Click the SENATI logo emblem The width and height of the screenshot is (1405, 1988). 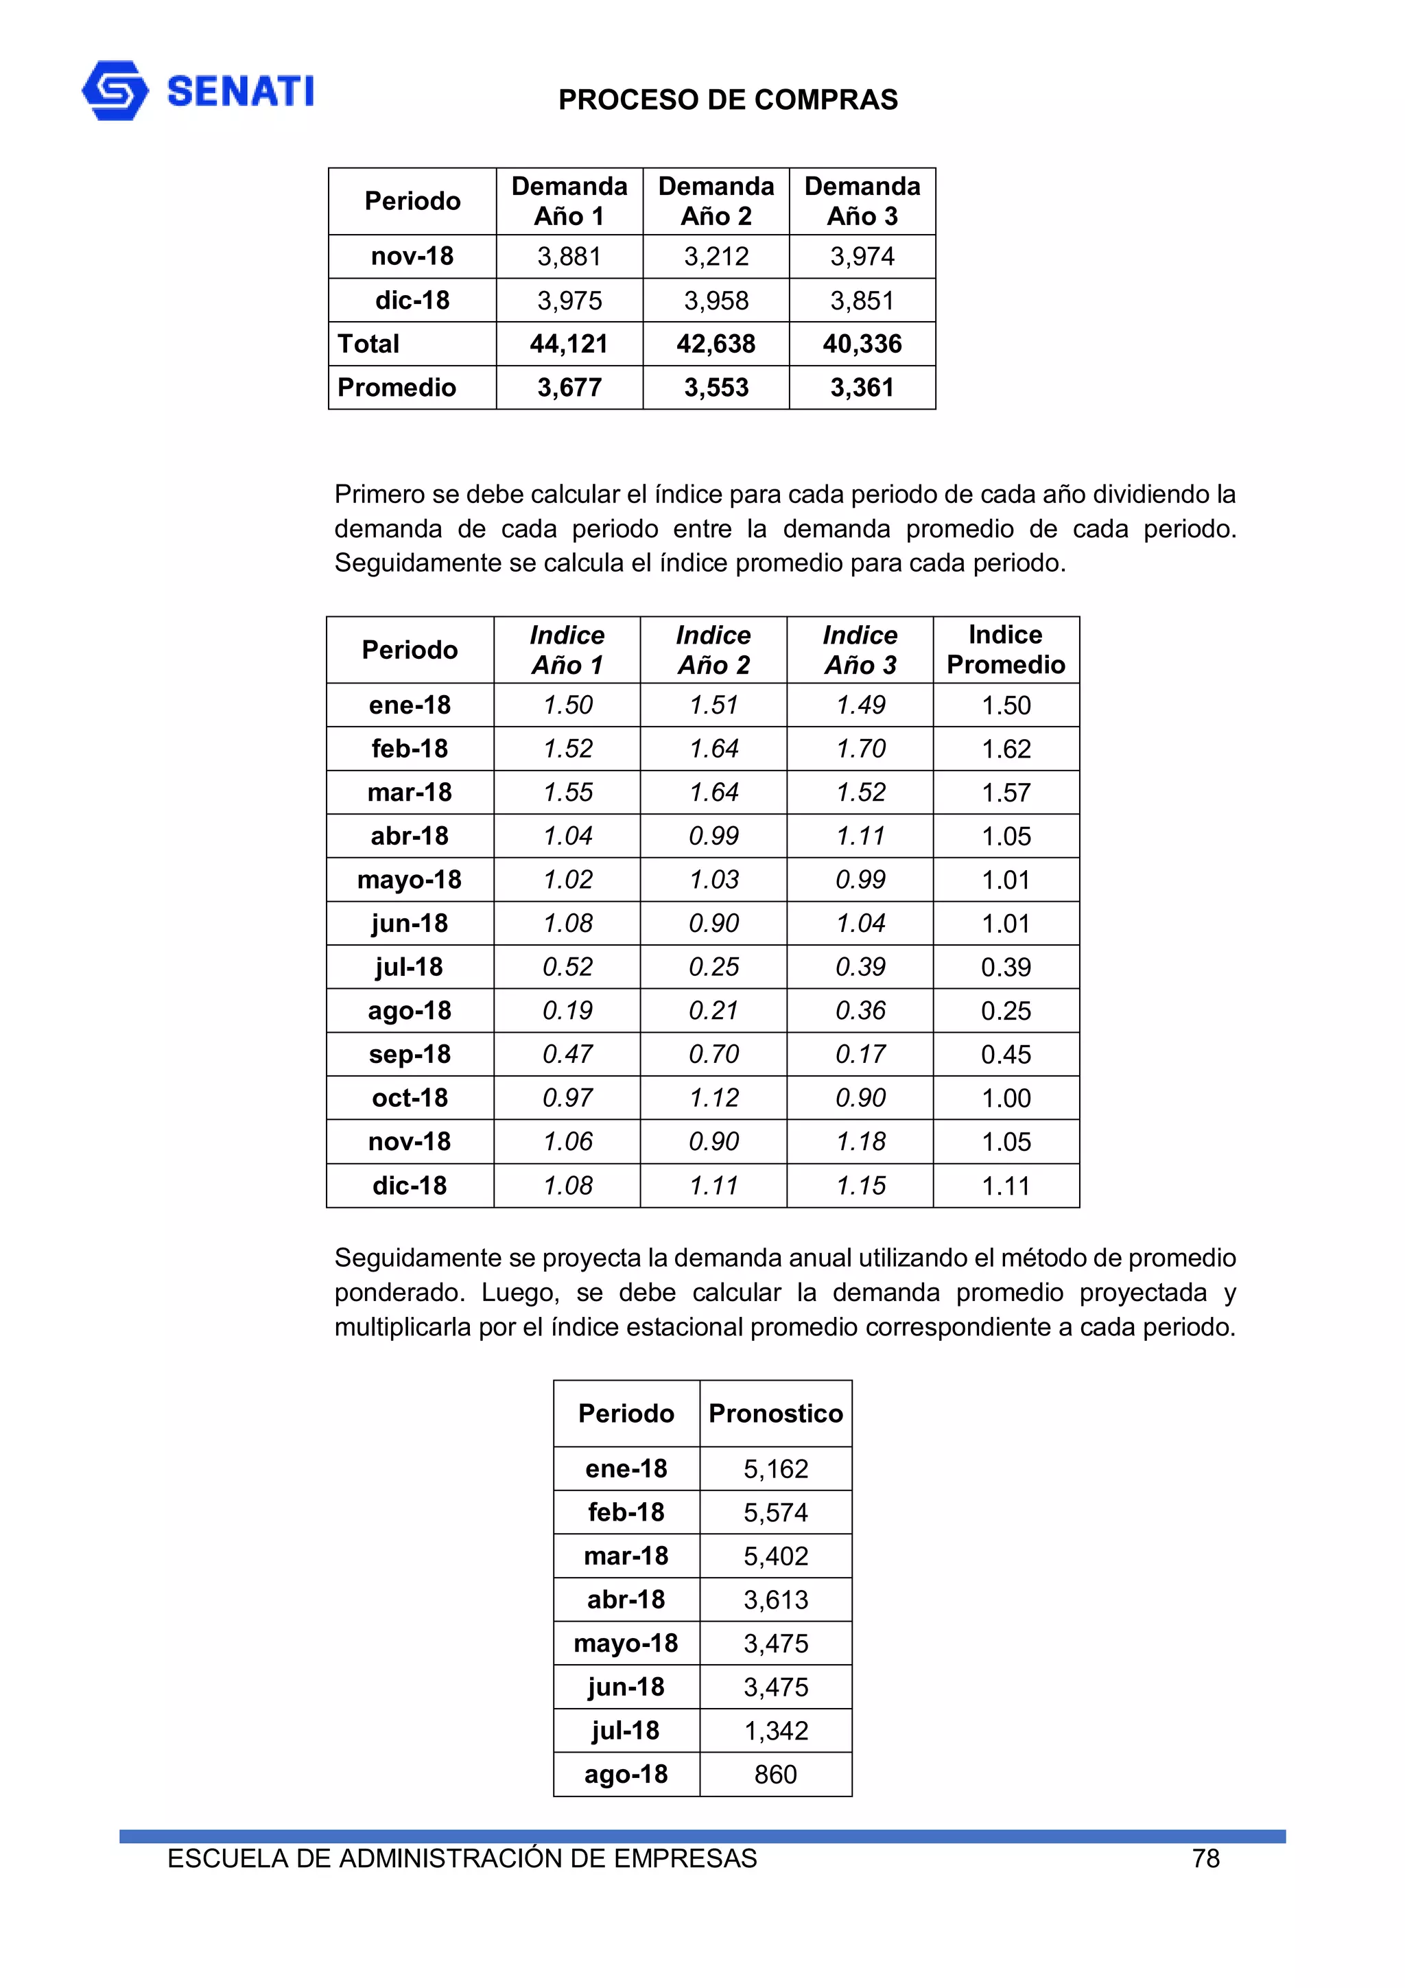click(115, 90)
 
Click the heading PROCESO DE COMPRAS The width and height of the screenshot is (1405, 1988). click(727, 100)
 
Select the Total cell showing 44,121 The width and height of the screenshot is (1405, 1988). click(569, 344)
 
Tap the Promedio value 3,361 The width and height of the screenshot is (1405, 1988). click(862, 387)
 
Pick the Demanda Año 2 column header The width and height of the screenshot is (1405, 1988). click(716, 201)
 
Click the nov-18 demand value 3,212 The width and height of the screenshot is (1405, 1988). click(716, 256)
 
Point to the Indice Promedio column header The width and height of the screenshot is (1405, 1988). click(1005, 649)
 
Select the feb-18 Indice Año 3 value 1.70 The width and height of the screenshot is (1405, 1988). click(860, 748)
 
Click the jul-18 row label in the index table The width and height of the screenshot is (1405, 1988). click(409, 966)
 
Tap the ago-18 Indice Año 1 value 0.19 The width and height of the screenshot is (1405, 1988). click(567, 1010)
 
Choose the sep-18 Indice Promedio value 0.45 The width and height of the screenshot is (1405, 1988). click(1005, 1055)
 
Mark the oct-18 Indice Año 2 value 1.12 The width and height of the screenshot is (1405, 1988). click(713, 1098)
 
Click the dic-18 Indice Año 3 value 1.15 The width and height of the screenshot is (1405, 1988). click(860, 1185)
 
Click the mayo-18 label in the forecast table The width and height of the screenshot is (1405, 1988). click(625, 1643)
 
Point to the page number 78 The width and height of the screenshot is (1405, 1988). click(1205, 1858)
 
